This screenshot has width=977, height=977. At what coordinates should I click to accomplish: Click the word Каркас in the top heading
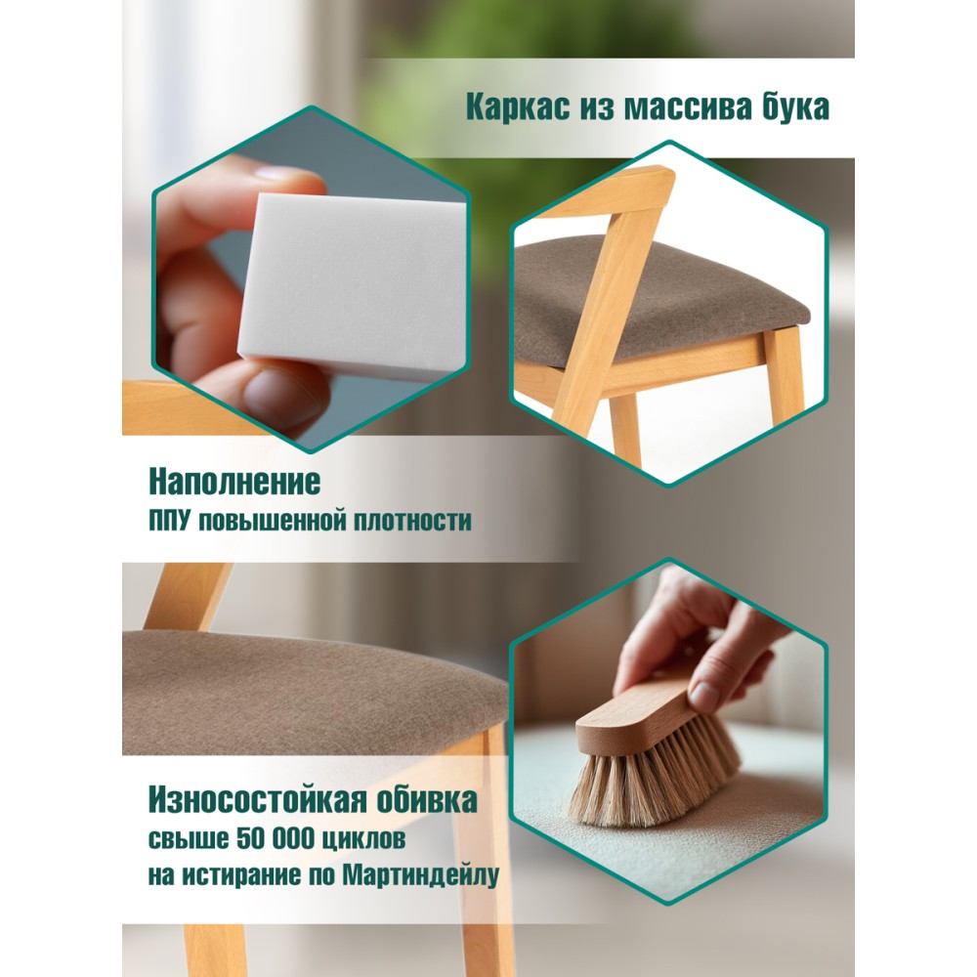518,107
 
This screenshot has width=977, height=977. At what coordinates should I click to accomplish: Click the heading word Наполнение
234,481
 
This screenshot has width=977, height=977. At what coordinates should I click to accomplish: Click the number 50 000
276,838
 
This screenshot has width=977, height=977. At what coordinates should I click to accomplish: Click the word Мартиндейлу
421,875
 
